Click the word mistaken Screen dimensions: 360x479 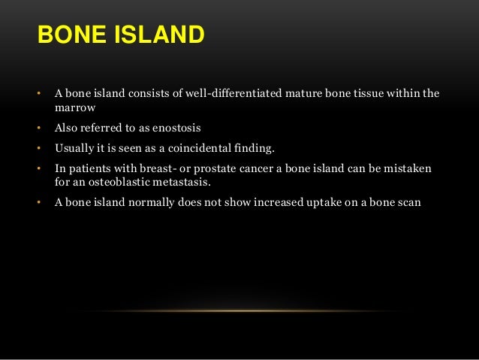408,168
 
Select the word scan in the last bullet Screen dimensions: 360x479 411,201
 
